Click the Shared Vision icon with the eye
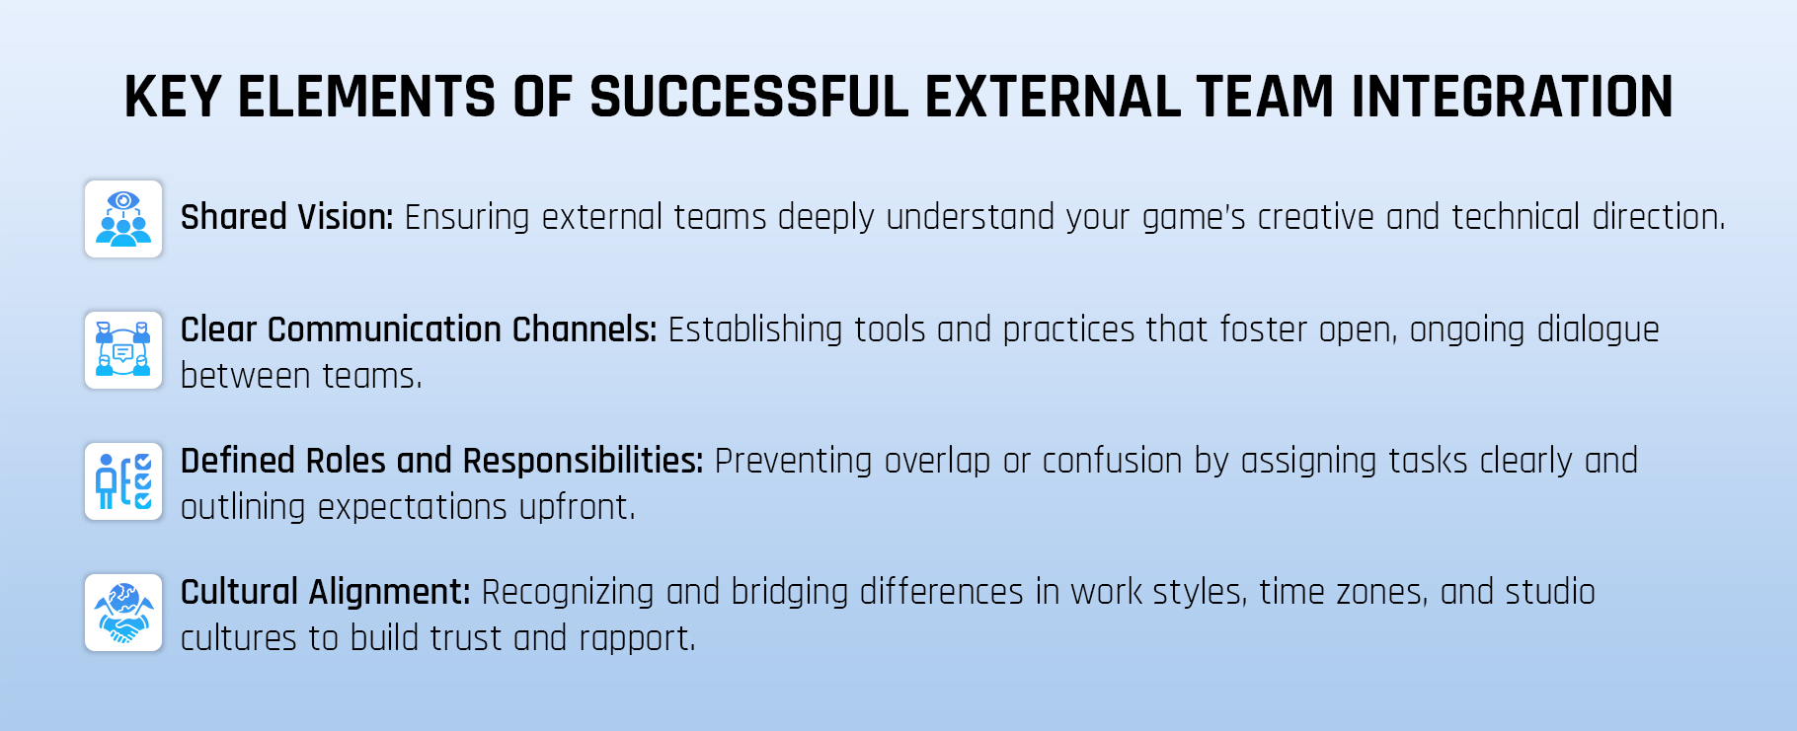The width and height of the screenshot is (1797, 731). [123, 219]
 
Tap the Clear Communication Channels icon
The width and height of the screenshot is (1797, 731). [123, 350]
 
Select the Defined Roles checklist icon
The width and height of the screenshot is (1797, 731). [123, 481]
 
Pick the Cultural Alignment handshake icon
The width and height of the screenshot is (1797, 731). [123, 613]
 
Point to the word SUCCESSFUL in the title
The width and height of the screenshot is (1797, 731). [748, 98]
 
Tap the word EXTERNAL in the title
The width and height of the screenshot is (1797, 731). [1052, 98]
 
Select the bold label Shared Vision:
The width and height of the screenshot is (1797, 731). [286, 217]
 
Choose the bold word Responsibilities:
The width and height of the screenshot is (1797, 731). [583, 461]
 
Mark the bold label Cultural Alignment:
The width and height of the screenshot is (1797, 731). [325, 592]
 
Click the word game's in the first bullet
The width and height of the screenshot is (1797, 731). [1194, 218]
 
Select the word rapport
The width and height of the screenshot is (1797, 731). [636, 639]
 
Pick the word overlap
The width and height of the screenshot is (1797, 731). [937, 461]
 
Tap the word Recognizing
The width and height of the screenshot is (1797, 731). [568, 592]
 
